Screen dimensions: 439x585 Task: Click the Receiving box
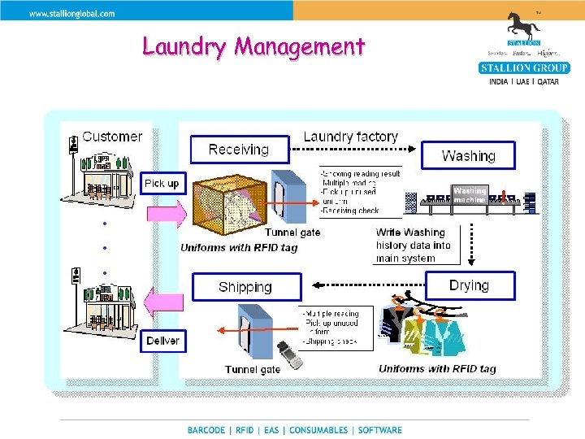pyautogui.click(x=239, y=150)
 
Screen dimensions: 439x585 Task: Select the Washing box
pyautogui.click(x=468, y=155)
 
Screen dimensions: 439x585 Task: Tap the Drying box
pyautogui.click(x=469, y=285)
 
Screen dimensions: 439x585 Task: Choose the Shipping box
pyautogui.click(x=245, y=287)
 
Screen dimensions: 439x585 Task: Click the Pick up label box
pyautogui.click(x=161, y=184)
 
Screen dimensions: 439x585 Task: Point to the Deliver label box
pyautogui.click(x=162, y=341)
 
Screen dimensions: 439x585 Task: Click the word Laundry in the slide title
pyautogui.click(x=184, y=46)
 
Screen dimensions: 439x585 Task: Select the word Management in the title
pyautogui.click(x=300, y=46)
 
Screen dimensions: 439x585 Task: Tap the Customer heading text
pyautogui.click(x=112, y=137)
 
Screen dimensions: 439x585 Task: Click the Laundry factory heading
pyautogui.click(x=350, y=137)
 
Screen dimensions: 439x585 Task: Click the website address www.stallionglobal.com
pyautogui.click(x=72, y=13)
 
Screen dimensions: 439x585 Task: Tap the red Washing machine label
pyautogui.click(x=470, y=196)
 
